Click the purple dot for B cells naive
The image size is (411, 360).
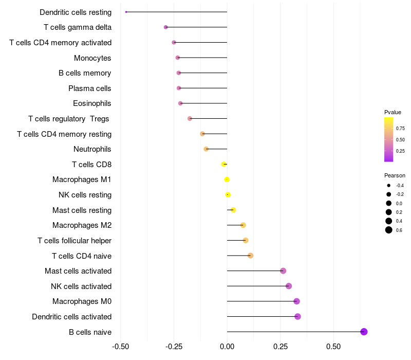coord(364,332)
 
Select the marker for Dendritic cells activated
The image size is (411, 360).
coord(297,316)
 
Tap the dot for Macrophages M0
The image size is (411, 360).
coord(296,301)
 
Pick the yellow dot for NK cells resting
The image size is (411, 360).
coord(228,194)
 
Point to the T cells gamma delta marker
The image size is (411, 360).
coord(165,27)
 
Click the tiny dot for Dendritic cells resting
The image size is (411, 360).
coord(126,12)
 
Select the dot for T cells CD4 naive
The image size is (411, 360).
coord(250,256)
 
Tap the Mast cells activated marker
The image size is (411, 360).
coord(283,271)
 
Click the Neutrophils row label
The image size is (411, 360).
coord(92,149)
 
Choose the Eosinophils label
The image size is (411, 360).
coord(92,103)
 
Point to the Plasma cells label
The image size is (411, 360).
coord(90,88)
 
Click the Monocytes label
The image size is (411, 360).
coord(92,58)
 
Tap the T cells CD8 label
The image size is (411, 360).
coord(91,165)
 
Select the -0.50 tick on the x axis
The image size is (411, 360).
coord(120,346)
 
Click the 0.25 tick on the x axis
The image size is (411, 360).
coord(280,346)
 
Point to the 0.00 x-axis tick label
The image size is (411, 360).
coord(227,346)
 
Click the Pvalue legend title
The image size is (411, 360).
coord(393,112)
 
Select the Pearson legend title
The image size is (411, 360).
coord(395,175)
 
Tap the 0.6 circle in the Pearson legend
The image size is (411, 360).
coord(389,230)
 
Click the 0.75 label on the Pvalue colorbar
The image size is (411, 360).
coord(400,129)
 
